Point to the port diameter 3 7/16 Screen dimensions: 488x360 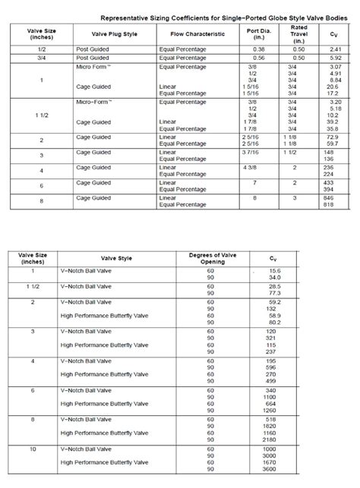point(251,152)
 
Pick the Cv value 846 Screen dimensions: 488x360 point(328,197)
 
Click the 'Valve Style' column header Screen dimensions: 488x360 point(116,259)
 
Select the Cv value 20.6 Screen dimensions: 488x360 point(332,87)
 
